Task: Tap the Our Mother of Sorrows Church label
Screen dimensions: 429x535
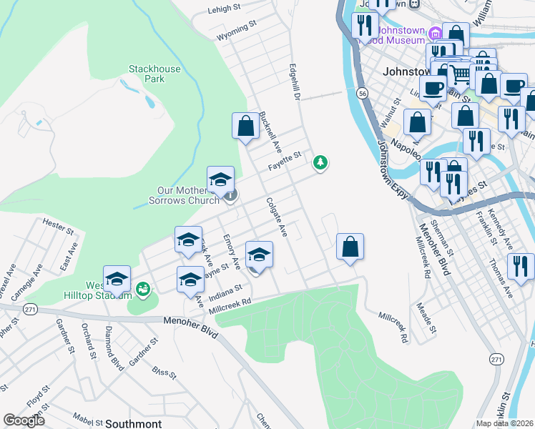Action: pos(190,195)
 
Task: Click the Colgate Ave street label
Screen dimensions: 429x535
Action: pos(276,218)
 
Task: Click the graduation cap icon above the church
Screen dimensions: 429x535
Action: pos(220,179)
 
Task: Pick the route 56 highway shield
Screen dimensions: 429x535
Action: pos(363,94)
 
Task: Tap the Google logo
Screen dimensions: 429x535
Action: pos(24,420)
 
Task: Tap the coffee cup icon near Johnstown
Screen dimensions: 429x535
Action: pos(431,89)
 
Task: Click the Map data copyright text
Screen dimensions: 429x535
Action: pos(505,423)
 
